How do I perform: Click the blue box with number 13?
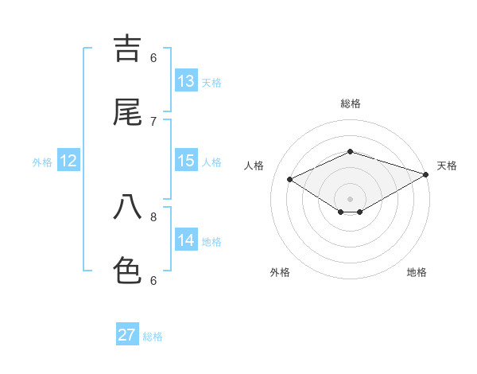click(186, 81)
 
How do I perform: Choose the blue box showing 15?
click(186, 161)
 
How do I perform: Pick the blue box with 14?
click(186, 240)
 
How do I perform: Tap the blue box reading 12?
click(68, 161)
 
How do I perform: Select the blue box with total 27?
click(127, 335)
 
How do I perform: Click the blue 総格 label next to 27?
click(153, 336)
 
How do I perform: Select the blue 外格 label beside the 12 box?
click(42, 162)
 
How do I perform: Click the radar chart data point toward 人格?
click(290, 180)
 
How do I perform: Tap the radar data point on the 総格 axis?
click(350, 151)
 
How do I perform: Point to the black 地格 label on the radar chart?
click(417, 272)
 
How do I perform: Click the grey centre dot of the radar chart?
click(350, 198)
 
